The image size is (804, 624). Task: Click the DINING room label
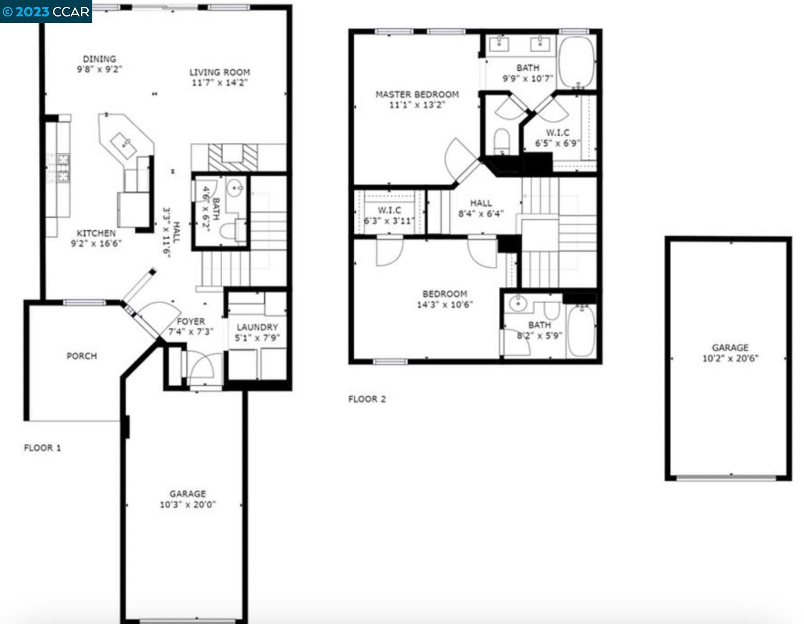coord(99,59)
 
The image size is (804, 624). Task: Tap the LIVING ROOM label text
coord(219,72)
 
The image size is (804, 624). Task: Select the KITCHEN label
coord(96,233)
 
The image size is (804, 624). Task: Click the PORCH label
coord(82,356)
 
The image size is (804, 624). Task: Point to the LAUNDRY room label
coord(257,327)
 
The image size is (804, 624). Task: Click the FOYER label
coord(191,321)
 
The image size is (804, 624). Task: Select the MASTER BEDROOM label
coord(417,94)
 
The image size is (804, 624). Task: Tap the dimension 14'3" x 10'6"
coord(445,304)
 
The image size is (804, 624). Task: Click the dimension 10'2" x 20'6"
coord(730,358)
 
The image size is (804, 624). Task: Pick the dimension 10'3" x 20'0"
coord(188,505)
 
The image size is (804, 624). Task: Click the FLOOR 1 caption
coord(43,448)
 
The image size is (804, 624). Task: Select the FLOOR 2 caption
coord(367,399)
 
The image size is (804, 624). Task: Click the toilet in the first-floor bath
coord(233,230)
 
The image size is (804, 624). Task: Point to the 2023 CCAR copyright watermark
coord(46,11)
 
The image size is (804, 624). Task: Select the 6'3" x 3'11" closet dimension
coord(389,221)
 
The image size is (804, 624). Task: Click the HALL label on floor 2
coord(480,203)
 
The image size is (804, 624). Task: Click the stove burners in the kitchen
coord(63,169)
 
